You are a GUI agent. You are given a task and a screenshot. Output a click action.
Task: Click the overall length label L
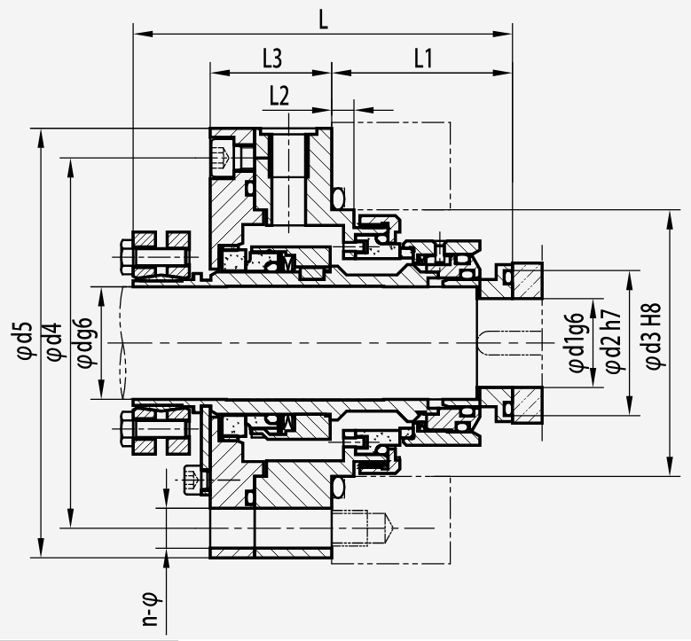[x=324, y=20]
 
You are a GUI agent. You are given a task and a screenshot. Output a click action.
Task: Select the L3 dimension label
[x=272, y=58]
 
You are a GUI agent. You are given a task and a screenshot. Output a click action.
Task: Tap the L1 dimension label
[x=423, y=58]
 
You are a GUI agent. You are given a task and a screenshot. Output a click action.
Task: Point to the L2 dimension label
[x=279, y=96]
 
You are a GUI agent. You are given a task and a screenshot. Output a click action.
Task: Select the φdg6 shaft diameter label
[x=84, y=342]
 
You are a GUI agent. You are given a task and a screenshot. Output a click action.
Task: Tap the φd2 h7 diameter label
[x=614, y=340]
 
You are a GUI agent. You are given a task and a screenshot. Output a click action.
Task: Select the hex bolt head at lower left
[x=126, y=428]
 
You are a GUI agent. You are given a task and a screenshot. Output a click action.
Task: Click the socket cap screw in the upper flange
[x=222, y=156]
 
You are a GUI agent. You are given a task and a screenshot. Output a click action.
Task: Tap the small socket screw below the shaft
[x=191, y=480]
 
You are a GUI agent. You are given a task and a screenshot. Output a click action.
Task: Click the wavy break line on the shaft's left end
[x=123, y=343]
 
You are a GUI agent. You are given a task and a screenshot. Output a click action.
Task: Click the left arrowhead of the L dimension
[x=143, y=34]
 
